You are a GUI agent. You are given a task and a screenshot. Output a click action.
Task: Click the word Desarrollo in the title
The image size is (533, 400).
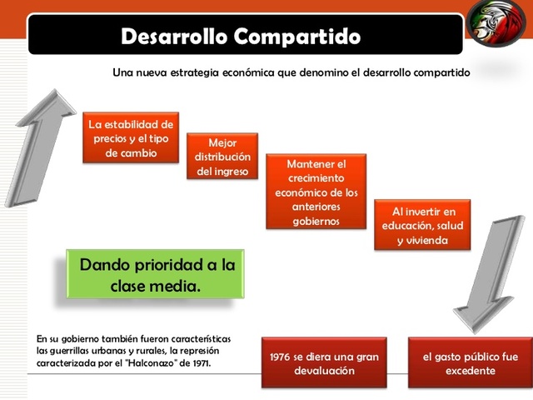pyautogui.click(x=172, y=37)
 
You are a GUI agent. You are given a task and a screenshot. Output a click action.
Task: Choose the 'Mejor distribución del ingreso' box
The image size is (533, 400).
pyautogui.click(x=222, y=157)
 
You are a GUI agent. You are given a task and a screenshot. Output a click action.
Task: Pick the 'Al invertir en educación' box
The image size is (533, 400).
pyautogui.click(x=422, y=225)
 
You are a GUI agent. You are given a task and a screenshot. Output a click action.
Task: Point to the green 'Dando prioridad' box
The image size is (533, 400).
pyautogui.click(x=157, y=275)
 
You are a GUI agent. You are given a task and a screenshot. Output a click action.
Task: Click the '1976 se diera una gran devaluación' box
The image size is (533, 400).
pyautogui.click(x=324, y=362)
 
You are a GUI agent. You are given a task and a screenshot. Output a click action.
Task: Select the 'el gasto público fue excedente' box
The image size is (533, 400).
pyautogui.click(x=470, y=362)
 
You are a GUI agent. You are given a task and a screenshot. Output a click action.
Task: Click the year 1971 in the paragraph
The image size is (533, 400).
pyautogui.click(x=201, y=363)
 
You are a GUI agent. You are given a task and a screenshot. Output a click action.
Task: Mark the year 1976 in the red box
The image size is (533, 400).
pyautogui.click(x=283, y=356)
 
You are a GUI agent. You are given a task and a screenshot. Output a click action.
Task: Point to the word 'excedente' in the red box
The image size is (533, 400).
pyautogui.click(x=470, y=370)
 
